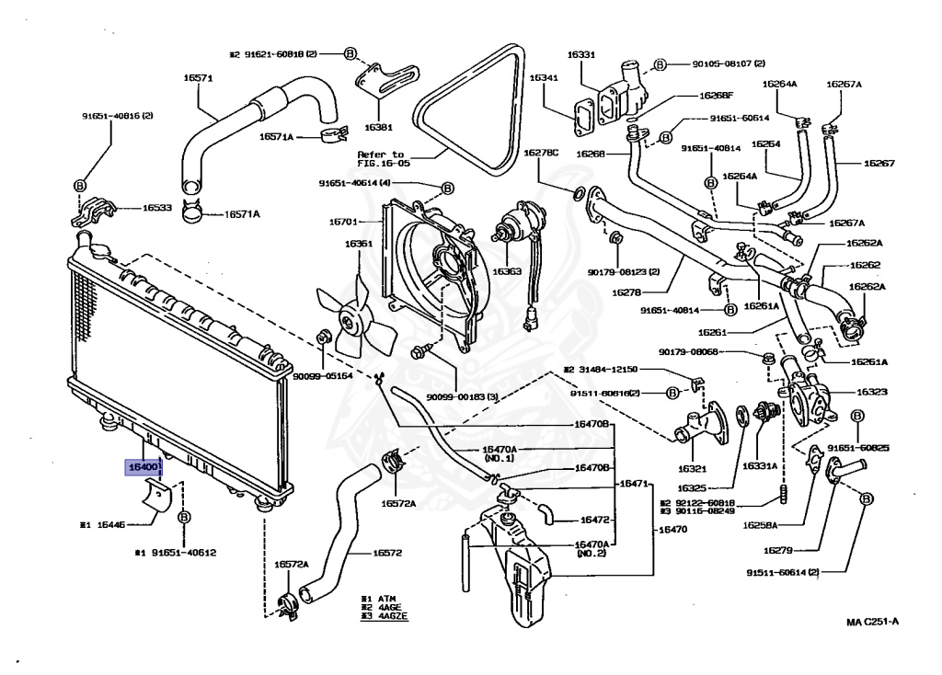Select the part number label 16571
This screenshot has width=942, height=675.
[197, 78]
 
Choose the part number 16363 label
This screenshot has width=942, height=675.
[506, 271]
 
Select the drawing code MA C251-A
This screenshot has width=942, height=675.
[873, 622]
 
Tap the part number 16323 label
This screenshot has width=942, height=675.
[871, 392]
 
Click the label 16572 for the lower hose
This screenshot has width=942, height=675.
[387, 554]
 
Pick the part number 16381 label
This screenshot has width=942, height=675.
[377, 127]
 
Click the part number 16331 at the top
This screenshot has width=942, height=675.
[580, 55]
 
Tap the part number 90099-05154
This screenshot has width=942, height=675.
[323, 376]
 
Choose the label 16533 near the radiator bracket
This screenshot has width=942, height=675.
[156, 209]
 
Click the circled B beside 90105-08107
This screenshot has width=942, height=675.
[660, 64]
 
